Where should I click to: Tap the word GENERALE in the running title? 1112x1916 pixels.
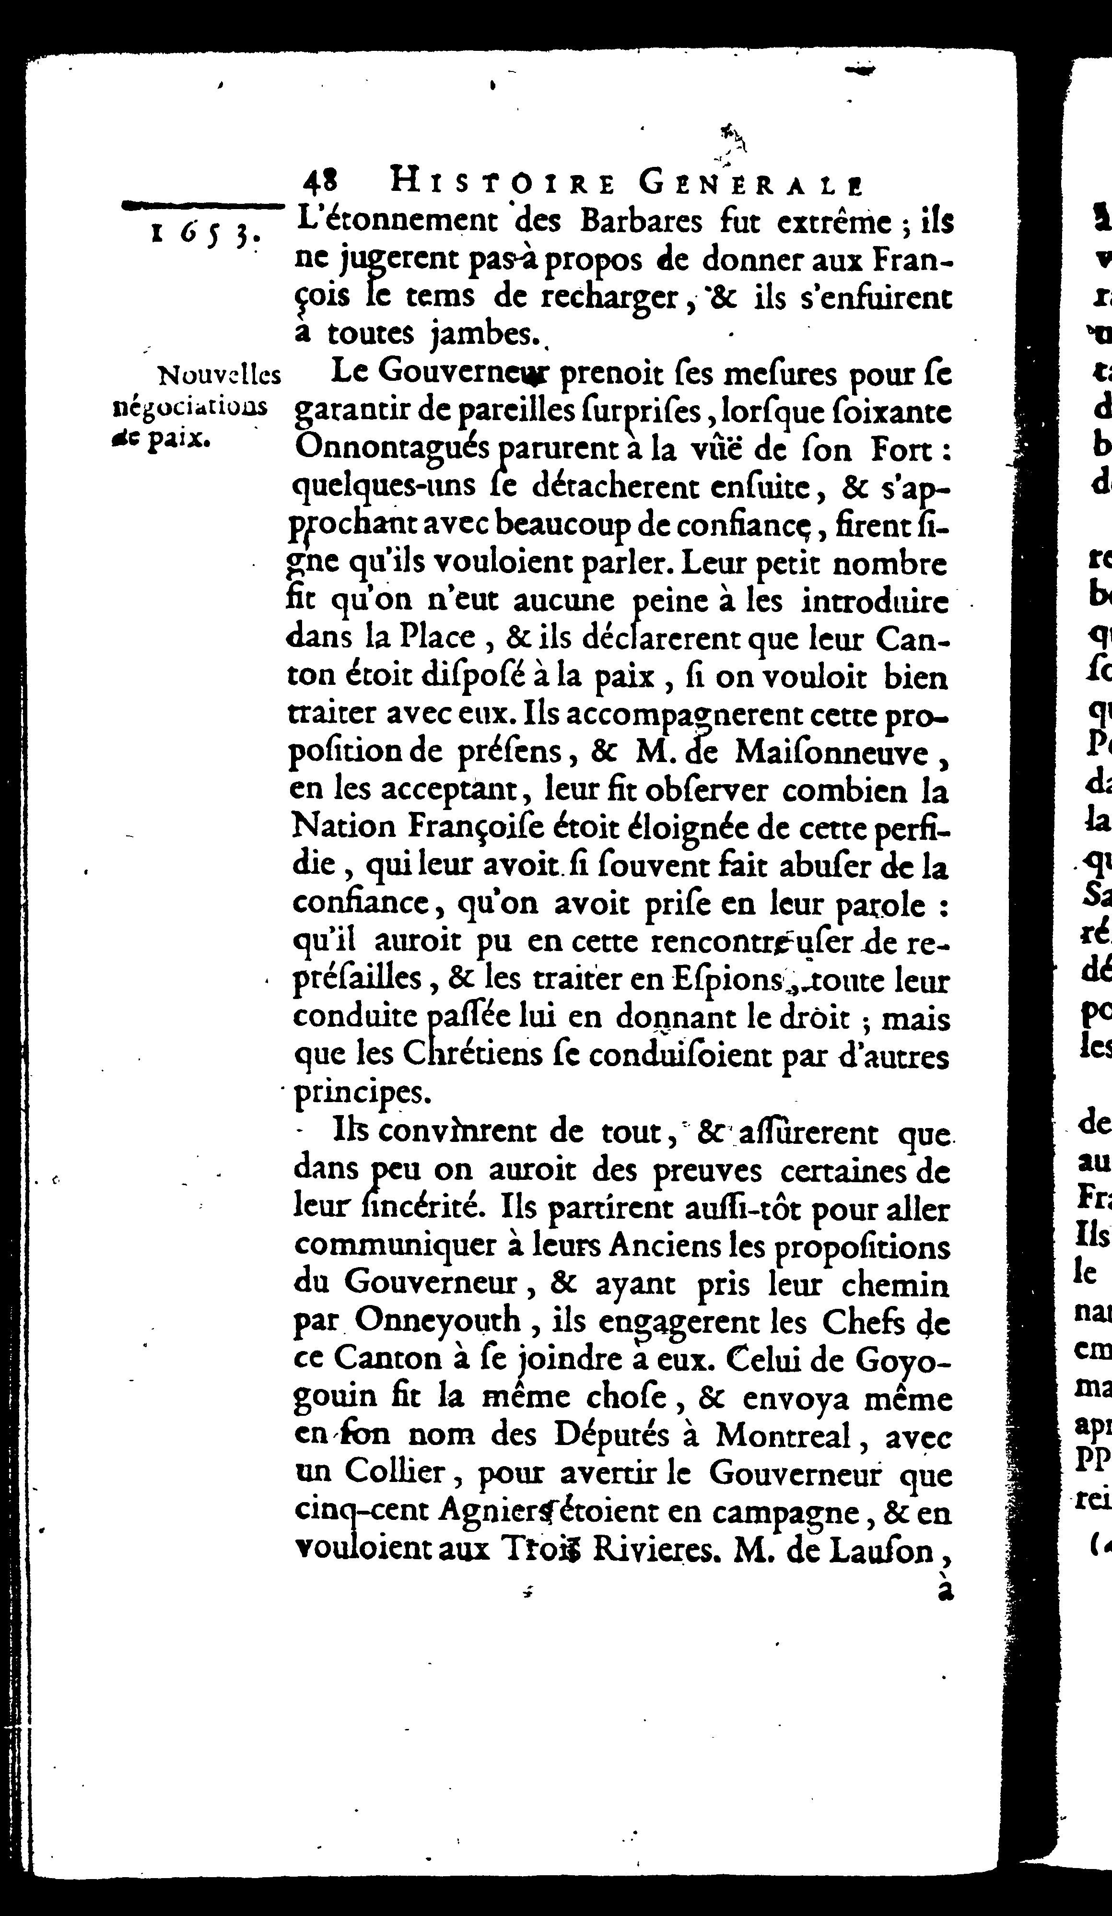pos(752,184)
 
